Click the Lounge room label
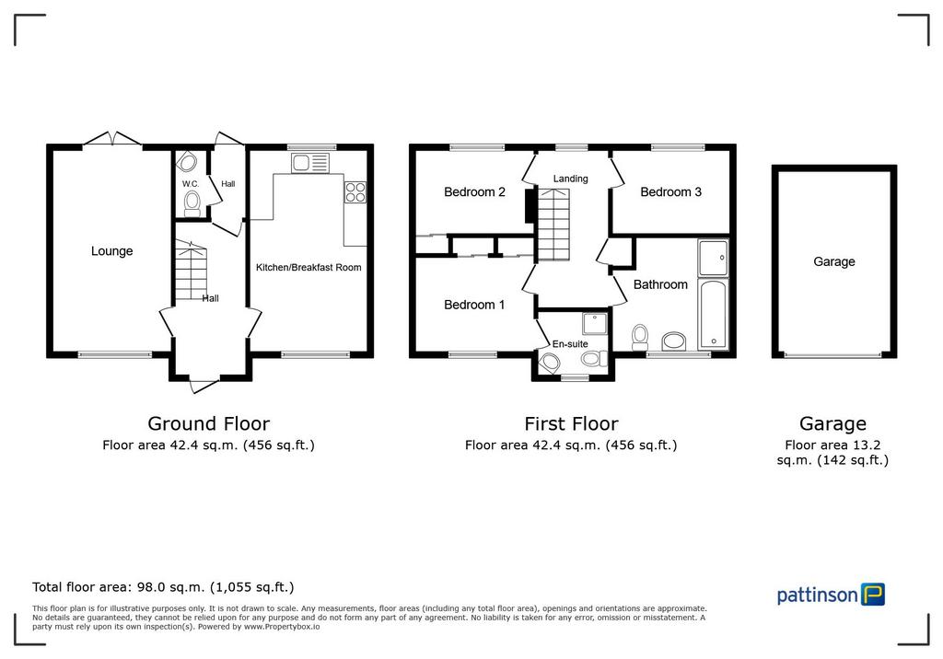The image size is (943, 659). pos(111,251)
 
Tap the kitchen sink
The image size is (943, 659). pos(310,163)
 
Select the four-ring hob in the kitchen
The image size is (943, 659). pos(355,191)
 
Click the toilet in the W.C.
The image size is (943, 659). pos(192,203)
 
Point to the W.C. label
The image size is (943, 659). pos(191,183)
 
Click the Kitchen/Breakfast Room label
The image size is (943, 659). pos(309,267)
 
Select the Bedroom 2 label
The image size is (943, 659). pos(474,191)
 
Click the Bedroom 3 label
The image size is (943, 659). pos(670,191)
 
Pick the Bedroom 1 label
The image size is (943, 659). pos(474,305)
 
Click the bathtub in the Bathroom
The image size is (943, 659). pos(714,313)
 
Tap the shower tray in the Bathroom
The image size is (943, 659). pos(714,258)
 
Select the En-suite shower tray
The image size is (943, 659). pos(595,323)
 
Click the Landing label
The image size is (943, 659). pos(570,179)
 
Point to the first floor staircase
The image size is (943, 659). pos(553,224)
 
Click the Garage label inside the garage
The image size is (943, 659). pos(834,261)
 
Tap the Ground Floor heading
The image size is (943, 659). pos(209,424)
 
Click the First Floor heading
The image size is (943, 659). pos(571,424)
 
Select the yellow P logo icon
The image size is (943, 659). pos(873,594)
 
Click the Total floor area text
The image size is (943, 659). pos(163,587)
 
